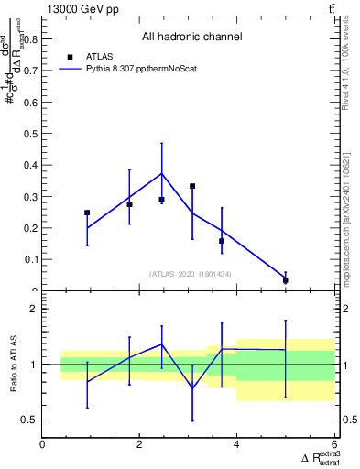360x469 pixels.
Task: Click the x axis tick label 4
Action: click(237, 445)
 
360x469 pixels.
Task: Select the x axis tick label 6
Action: click(334, 445)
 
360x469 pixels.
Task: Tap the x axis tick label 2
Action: click(140, 445)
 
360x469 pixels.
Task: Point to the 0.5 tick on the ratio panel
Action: click(29, 420)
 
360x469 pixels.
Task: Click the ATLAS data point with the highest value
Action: click(192, 186)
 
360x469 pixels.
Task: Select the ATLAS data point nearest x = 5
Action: click(286, 280)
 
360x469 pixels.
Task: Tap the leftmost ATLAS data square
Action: click(87, 213)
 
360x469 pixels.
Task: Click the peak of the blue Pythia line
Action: click(162, 173)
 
